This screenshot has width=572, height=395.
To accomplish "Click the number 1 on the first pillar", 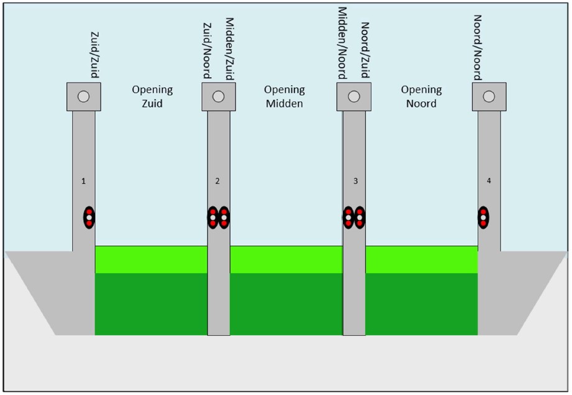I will point(83,181).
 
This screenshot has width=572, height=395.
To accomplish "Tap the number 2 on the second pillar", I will point(217,181).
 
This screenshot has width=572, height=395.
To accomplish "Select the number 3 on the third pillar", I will point(355,181).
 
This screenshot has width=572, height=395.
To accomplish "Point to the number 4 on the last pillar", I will point(489,181).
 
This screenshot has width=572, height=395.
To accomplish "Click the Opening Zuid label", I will point(152,96).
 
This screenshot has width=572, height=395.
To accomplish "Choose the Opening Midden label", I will point(284,96).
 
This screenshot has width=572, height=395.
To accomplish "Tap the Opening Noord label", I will point(421,96).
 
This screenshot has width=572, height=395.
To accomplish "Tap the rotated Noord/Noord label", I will point(478,48).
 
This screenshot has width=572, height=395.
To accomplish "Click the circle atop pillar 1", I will point(83,96).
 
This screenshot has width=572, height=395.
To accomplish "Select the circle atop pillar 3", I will point(354,96).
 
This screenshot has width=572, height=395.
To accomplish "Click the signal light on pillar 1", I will point(89,217).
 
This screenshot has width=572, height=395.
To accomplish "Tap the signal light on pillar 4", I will point(483,217).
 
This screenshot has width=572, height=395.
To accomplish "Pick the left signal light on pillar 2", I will point(212,217).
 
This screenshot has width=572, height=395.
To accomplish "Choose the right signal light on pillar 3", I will point(359,217).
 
